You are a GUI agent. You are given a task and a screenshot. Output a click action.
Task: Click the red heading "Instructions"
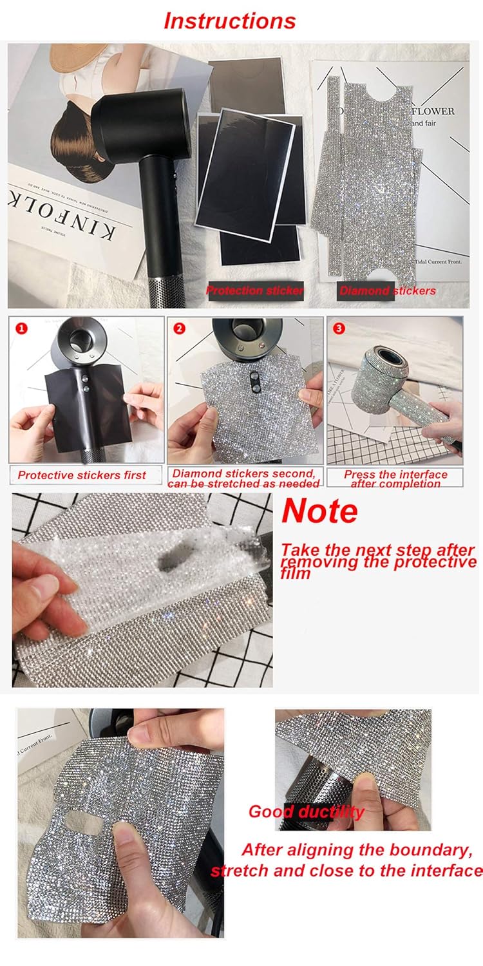pos(230,21)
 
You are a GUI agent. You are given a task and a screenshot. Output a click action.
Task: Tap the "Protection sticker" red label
pos(254,290)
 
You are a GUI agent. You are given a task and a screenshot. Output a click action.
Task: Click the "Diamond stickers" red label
pos(388,290)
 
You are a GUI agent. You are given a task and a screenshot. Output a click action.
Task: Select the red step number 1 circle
pos(22,328)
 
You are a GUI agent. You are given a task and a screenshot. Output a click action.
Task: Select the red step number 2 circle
pos(180,328)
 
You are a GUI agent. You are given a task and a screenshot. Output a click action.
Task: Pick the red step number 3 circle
pos(339,328)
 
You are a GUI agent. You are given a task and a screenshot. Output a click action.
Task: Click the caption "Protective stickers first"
pos(82,475)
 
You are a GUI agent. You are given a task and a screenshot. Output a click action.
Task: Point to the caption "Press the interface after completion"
pos(395,478)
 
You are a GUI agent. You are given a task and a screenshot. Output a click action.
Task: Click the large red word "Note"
pos(319,511)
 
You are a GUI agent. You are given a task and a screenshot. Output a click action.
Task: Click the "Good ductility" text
pos(306,811)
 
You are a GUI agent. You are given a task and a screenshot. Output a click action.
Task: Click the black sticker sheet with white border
pos(245,167)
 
